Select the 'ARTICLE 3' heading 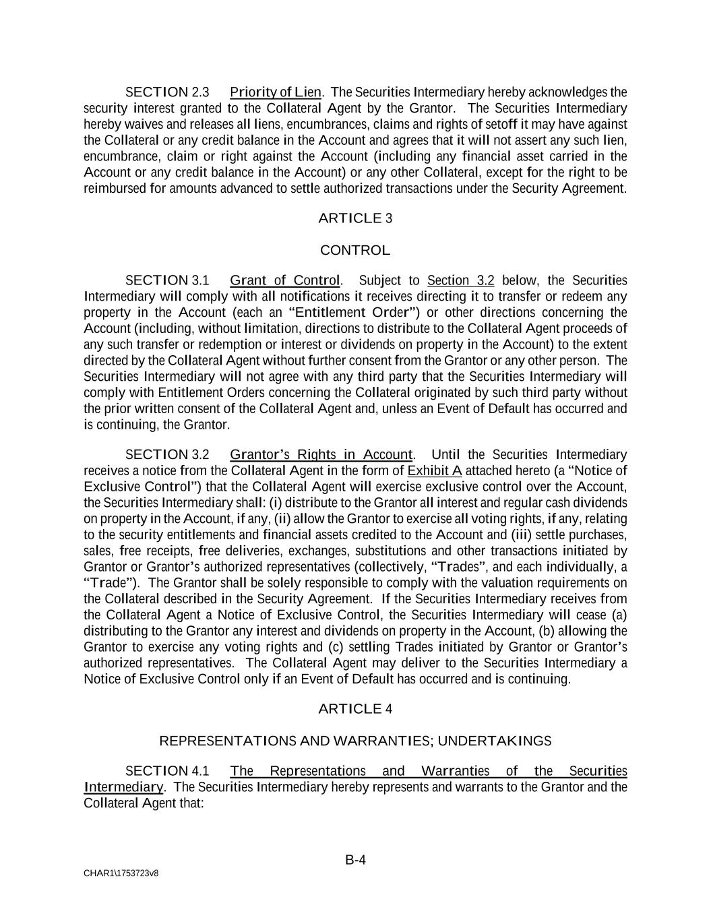(x=354, y=218)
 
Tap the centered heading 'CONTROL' (x=354, y=251)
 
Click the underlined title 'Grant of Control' (x=285, y=280)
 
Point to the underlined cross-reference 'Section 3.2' (x=461, y=280)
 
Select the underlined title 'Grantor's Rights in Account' (x=321, y=455)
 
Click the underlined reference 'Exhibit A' (x=435, y=471)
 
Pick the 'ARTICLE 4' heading (x=354, y=709)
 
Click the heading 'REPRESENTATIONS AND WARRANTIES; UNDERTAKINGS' (x=355, y=741)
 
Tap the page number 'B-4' (x=355, y=860)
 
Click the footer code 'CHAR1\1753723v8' (x=121, y=873)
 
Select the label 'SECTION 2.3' (x=167, y=92)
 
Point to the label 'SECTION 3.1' (x=167, y=280)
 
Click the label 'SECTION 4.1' (x=167, y=771)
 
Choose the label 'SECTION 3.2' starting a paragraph (x=167, y=455)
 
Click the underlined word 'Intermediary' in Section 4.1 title (x=123, y=787)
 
